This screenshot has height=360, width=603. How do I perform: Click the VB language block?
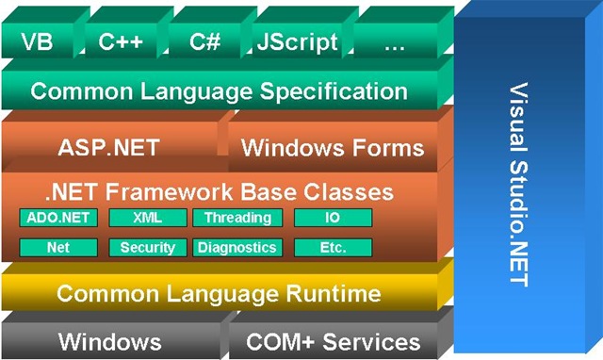pyautogui.click(x=37, y=43)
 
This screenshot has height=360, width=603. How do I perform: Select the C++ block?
pyautogui.click(x=121, y=43)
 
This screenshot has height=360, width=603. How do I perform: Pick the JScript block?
pyautogui.click(x=296, y=43)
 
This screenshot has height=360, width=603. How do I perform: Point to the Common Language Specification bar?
pyautogui.click(x=219, y=92)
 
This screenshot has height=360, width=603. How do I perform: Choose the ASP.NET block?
pyautogui.click(x=108, y=148)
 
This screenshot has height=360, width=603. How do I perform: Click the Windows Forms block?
pyautogui.click(x=333, y=148)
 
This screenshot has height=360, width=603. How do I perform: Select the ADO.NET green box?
pyautogui.click(x=57, y=219)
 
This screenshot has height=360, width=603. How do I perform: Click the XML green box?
pyautogui.click(x=147, y=219)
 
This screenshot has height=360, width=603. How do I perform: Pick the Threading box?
pyautogui.click(x=237, y=219)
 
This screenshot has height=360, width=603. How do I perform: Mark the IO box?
pyautogui.click(x=333, y=219)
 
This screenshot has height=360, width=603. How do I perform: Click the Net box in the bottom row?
pyautogui.click(x=57, y=248)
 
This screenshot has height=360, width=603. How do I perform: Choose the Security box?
pyautogui.click(x=147, y=248)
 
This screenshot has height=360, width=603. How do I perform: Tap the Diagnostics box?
pyautogui.click(x=237, y=248)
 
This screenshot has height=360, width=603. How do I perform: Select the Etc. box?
pyautogui.click(x=333, y=248)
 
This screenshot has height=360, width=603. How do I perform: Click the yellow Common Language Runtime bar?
pyautogui.click(x=219, y=293)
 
